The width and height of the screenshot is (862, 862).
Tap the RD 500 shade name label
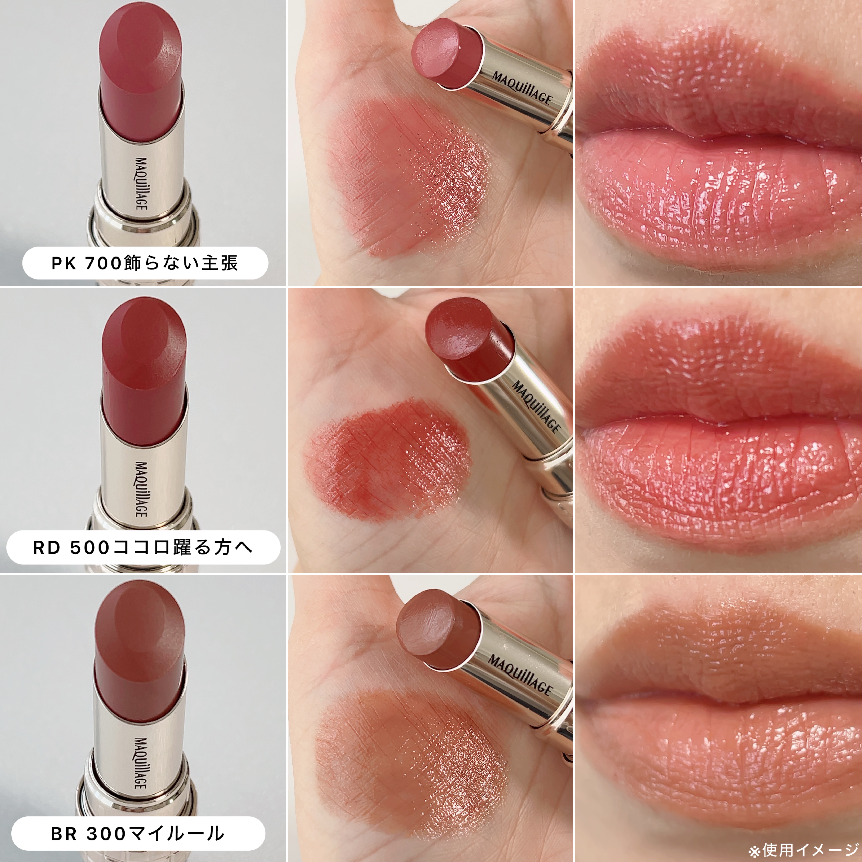click(x=143, y=547)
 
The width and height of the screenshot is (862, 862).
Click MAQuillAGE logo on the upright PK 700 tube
click(x=141, y=183)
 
